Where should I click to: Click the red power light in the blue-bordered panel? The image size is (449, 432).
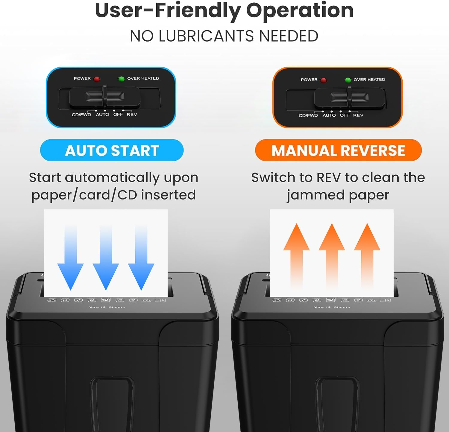(x=97, y=79)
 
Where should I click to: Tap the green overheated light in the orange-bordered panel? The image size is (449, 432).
(x=348, y=80)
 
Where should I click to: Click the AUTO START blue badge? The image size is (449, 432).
(x=112, y=150)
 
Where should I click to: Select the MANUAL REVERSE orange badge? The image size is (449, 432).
(x=338, y=150)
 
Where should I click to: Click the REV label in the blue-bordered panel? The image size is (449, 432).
(x=132, y=115)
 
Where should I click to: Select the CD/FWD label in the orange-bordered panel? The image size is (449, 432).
(x=308, y=115)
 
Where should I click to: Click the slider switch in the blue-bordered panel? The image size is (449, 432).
(x=105, y=97)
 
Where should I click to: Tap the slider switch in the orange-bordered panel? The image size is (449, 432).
(x=349, y=97)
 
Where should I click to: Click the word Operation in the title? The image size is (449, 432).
(x=300, y=10)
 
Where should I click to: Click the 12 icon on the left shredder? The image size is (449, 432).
(x=105, y=300)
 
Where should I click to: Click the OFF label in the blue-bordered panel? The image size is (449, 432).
(x=118, y=115)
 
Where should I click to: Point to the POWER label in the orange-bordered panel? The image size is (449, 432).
(x=309, y=80)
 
